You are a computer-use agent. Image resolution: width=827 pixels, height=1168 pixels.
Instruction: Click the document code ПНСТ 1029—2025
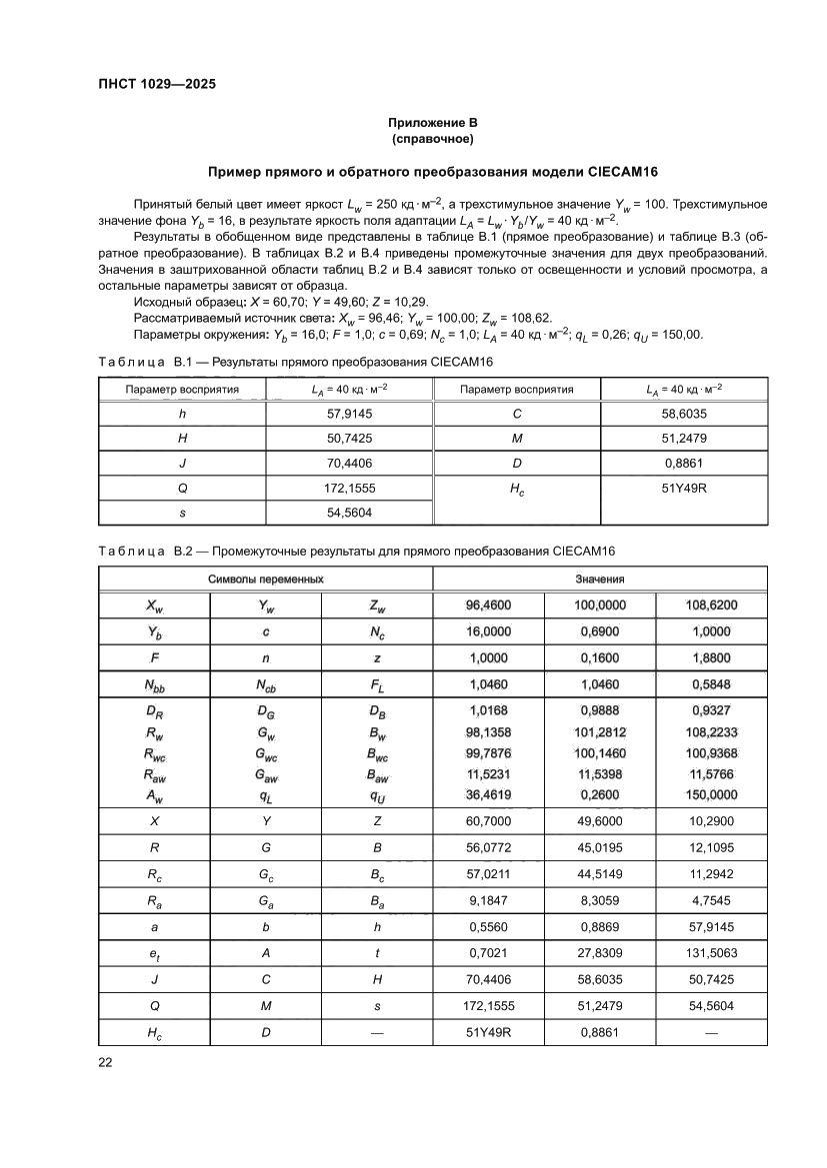(157, 84)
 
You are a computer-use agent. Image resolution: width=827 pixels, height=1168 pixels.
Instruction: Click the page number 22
(105, 1062)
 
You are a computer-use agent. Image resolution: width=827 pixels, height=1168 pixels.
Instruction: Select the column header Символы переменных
(265, 579)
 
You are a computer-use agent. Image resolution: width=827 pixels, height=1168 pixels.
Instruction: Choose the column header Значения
(599, 579)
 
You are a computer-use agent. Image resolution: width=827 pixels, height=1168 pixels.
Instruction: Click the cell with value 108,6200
(710, 605)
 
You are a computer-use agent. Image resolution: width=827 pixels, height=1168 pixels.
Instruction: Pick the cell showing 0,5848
(710, 684)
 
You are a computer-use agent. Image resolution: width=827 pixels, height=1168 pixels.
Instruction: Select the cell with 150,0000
(710, 794)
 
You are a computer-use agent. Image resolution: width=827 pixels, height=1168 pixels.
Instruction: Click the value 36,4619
(488, 794)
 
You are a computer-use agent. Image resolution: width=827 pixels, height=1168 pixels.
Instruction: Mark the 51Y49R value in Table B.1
(684, 490)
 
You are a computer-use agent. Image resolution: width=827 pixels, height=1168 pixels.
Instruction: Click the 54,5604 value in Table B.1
(349, 512)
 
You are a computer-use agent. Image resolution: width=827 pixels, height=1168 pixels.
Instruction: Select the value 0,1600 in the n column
(599, 657)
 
